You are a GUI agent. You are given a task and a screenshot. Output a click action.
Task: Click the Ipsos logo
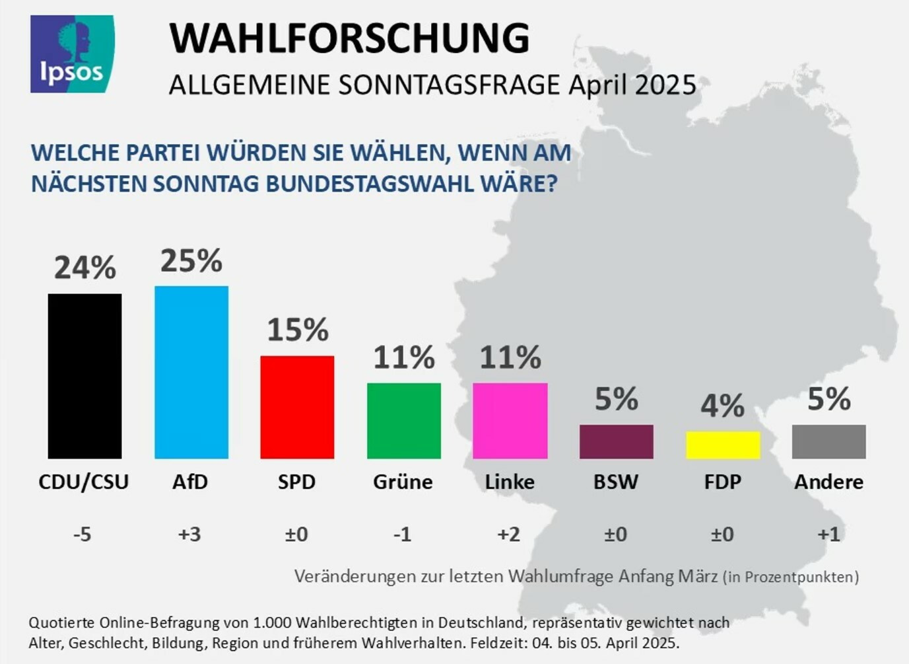tap(72, 54)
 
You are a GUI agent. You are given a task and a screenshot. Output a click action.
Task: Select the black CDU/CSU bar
tap(84, 376)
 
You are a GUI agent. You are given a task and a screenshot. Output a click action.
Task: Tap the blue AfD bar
tap(191, 372)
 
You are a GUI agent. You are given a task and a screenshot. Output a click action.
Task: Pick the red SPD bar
tap(297, 407)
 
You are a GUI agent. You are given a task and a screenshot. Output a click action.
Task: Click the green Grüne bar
tap(404, 421)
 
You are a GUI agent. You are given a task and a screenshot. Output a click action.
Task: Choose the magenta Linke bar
tap(510, 421)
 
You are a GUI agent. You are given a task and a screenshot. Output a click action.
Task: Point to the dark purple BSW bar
tap(617, 441)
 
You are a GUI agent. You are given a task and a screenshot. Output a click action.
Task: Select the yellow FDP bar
tap(723, 445)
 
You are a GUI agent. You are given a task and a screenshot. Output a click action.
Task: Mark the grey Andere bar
tap(829, 441)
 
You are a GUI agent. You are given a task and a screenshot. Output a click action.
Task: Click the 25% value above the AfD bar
tap(191, 261)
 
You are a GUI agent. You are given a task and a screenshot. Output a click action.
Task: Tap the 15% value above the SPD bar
tap(298, 330)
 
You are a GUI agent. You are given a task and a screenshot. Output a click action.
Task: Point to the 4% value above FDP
tap(723, 405)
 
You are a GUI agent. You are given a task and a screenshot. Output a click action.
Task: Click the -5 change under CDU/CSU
tap(83, 534)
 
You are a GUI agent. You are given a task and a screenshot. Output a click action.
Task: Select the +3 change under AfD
tap(189, 534)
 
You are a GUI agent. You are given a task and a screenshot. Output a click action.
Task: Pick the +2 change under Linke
tap(509, 534)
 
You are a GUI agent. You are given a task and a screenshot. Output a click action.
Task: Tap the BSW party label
tap(616, 482)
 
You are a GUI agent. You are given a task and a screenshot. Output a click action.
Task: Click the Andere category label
tap(829, 482)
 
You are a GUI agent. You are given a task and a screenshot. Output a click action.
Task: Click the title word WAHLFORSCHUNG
tap(349, 38)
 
